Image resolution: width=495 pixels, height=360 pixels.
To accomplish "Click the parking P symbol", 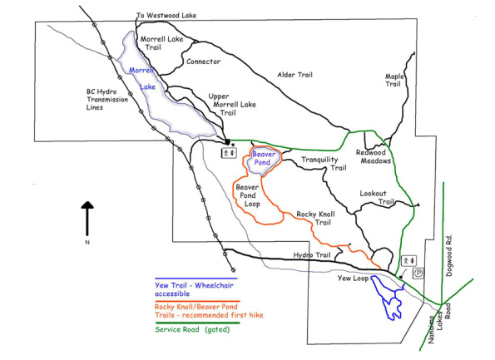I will point(418,272).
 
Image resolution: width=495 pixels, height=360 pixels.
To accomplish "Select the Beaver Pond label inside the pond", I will point(263,158).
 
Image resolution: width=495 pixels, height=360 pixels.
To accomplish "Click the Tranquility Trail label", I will point(324,163).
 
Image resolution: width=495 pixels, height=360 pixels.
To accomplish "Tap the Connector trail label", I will point(204,61).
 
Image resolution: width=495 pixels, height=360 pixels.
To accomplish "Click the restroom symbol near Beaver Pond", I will point(227,153).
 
